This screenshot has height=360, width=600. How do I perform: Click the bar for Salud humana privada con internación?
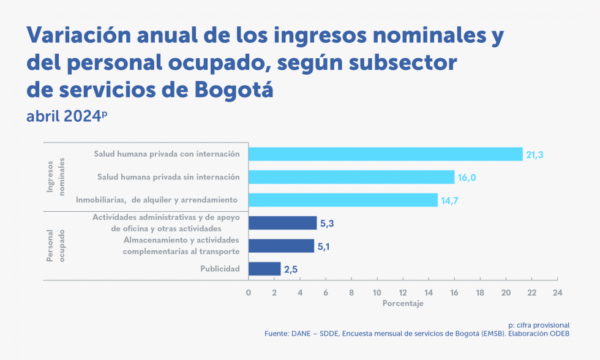click(x=385, y=154)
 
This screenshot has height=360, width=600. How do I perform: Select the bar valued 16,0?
click(x=351, y=178)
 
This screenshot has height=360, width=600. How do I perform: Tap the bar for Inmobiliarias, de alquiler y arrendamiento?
click(x=343, y=200)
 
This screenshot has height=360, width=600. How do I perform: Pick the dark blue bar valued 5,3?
click(x=282, y=223)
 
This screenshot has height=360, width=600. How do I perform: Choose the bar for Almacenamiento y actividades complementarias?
click(x=281, y=246)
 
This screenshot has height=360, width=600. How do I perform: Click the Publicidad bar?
click(x=264, y=269)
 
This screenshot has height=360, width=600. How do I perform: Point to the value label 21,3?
click(x=534, y=155)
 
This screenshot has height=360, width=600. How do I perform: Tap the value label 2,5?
click(x=291, y=269)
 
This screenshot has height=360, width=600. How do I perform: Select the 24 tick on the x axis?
click(x=557, y=293)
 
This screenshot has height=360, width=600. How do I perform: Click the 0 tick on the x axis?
click(x=249, y=293)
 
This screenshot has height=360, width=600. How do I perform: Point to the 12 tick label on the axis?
click(x=402, y=293)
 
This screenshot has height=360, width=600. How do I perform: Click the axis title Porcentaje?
click(x=402, y=304)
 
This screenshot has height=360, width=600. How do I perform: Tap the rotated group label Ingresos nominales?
click(x=56, y=178)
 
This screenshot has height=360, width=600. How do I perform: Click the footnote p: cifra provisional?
click(x=539, y=325)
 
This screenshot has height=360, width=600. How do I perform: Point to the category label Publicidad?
click(x=220, y=269)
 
